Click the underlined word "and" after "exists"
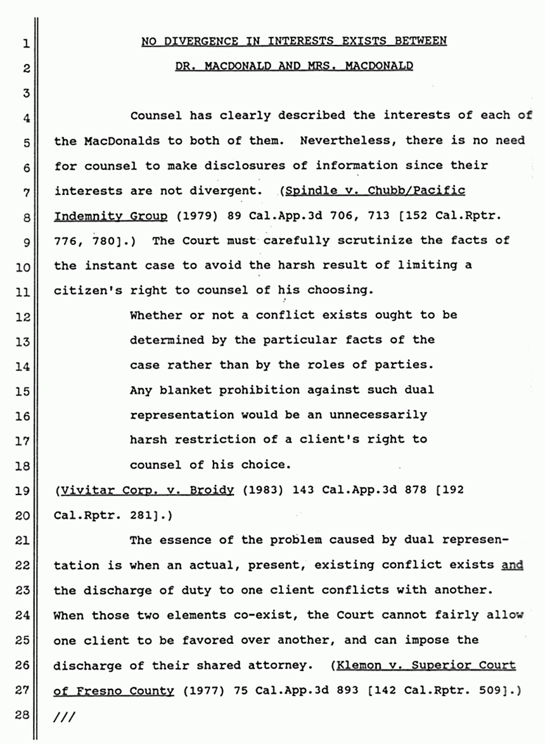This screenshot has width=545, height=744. [x=512, y=565]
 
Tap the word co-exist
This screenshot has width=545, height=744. [x=253, y=615]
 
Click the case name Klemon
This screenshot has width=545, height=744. [x=362, y=665]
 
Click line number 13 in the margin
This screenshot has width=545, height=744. [x=23, y=341]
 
